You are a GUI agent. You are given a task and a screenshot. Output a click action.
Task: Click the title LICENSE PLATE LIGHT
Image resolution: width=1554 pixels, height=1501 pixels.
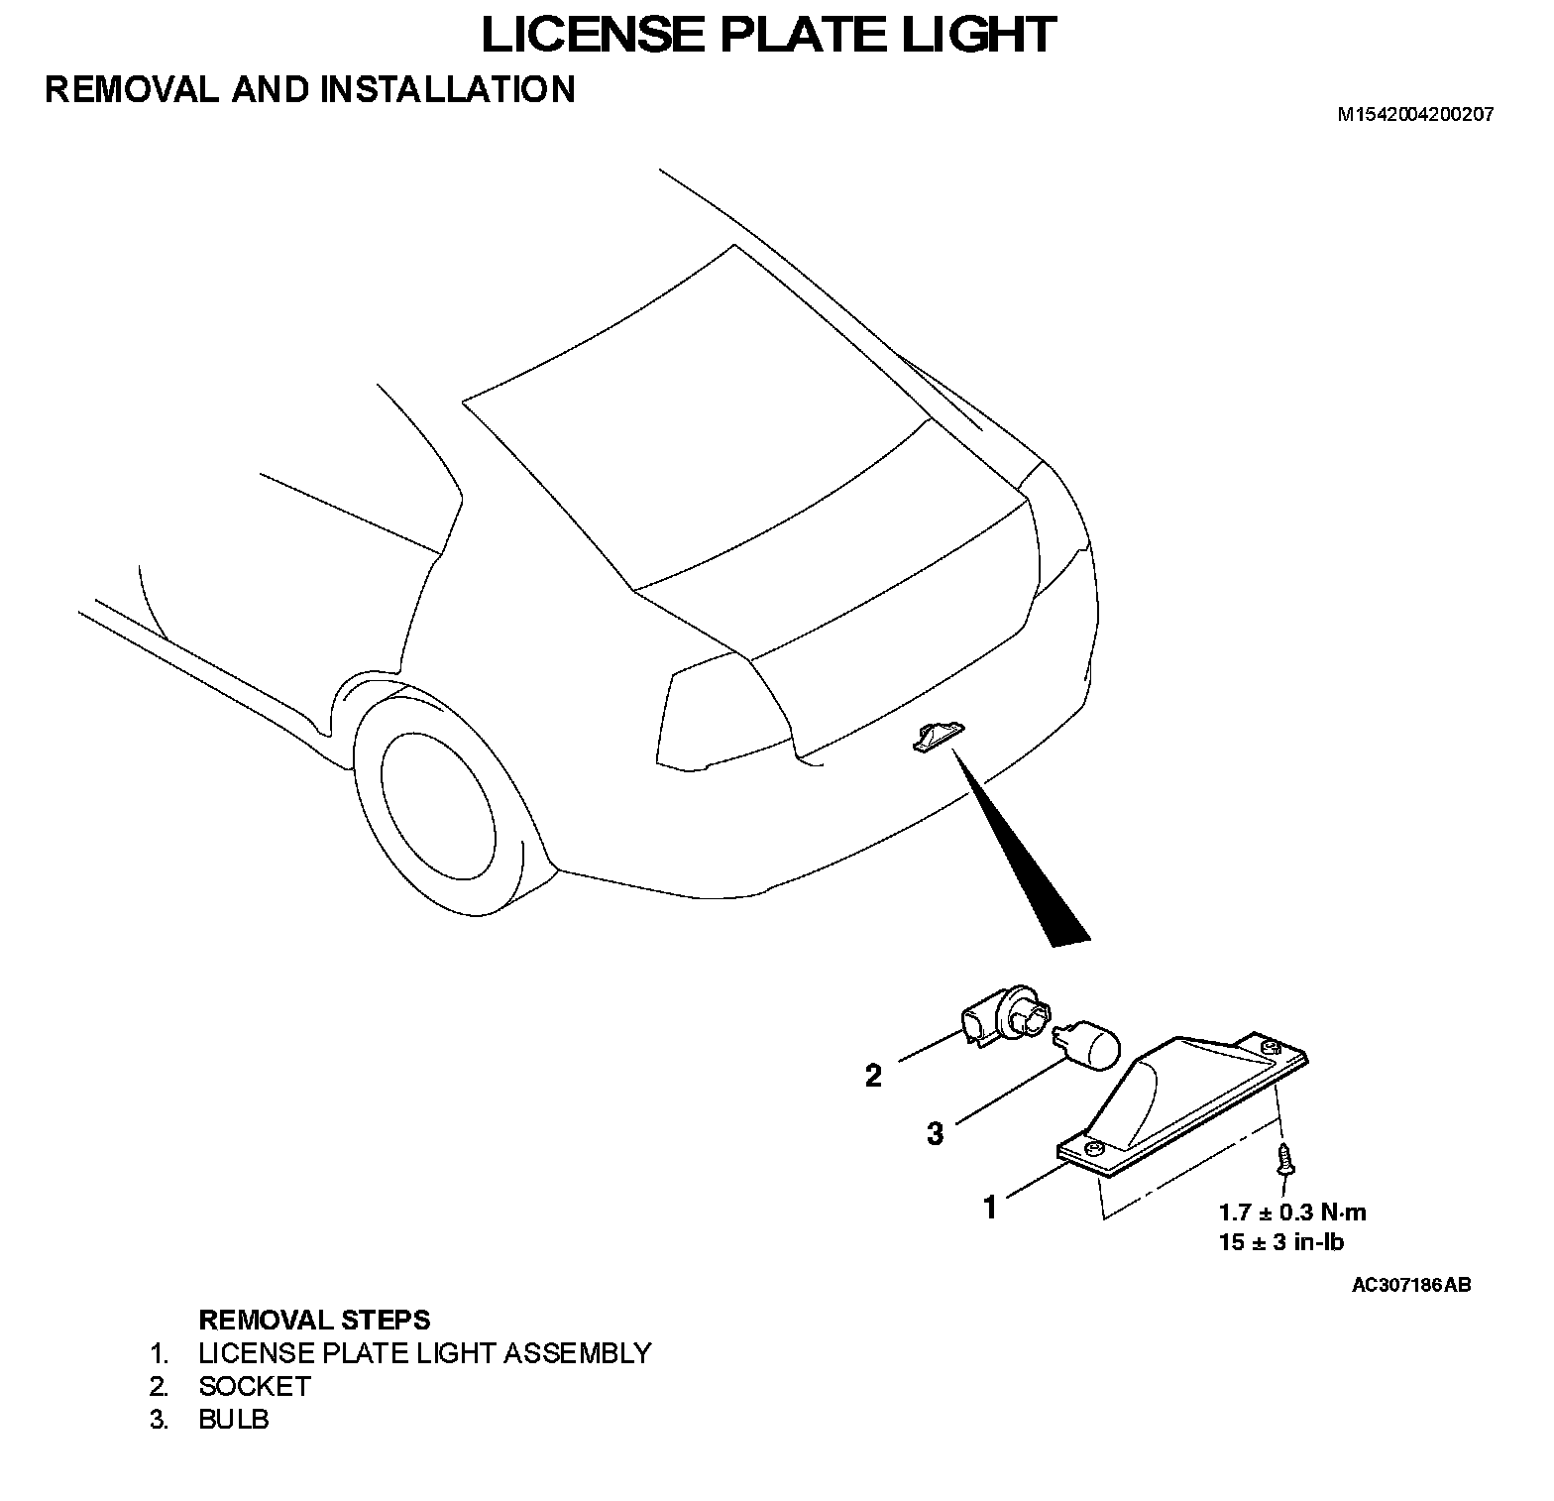768,34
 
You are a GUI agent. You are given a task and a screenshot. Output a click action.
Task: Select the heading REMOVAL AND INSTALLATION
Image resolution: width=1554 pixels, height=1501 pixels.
309,89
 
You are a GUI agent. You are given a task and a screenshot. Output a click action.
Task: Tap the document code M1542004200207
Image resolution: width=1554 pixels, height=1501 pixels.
1415,114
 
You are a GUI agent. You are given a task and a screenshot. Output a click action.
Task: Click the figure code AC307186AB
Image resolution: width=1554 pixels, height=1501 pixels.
1411,1286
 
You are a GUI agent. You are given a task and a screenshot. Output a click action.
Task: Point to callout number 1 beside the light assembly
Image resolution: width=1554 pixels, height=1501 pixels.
989,1208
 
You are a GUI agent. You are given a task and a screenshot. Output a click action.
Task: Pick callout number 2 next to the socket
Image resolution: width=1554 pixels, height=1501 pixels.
873,1076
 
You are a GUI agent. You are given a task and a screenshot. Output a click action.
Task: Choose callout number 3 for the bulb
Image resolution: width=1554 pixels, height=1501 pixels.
935,1133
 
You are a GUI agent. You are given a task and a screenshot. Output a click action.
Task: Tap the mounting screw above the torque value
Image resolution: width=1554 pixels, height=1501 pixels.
1285,1159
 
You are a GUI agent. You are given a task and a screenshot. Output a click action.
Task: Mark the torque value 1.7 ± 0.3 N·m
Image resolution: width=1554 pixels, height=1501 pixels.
1292,1212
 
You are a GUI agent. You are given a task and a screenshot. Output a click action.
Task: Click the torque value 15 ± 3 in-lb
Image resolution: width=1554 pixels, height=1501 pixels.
1280,1241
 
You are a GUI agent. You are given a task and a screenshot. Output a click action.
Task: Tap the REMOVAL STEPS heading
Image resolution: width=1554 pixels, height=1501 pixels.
314,1320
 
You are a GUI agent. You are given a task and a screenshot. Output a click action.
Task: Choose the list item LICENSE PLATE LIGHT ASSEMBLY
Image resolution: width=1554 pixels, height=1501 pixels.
424,1353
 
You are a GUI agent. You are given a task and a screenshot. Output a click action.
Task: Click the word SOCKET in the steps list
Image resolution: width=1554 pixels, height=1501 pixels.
255,1386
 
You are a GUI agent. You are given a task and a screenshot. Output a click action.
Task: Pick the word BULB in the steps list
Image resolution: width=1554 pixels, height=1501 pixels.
234,1419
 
